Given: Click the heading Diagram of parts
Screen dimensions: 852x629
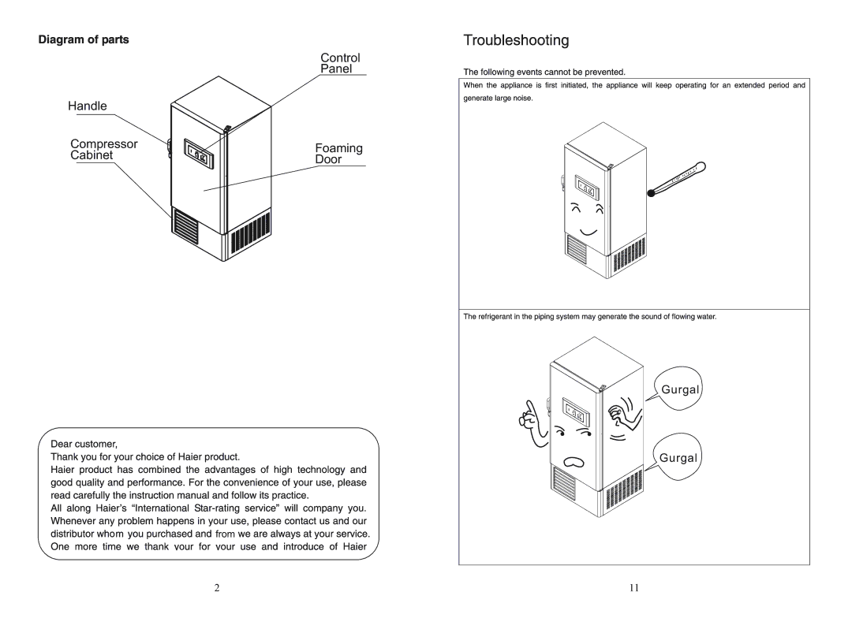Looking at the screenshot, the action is pos(84,39).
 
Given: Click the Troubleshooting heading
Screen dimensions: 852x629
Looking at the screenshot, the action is pos(516,40).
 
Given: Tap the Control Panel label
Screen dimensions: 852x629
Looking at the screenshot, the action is pos(340,63).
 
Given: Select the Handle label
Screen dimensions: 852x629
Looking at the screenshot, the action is pos(88,106).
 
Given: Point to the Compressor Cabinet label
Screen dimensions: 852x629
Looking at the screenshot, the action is pos(104,149).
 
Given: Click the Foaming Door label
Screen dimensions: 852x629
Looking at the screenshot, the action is pos(338,154).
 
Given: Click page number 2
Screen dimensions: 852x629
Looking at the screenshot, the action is pos(217,588).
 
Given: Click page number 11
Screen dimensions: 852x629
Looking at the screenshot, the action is pos(634,588).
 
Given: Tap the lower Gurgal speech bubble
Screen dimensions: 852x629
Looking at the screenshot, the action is pos(677,457).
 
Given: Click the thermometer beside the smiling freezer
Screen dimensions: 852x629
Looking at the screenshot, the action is pos(677,179).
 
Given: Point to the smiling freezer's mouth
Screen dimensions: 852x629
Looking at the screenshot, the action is pos(589,233).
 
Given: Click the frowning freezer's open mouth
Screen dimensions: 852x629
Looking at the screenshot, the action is pos(574,462).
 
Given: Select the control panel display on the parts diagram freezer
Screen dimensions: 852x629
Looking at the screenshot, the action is pos(198,153).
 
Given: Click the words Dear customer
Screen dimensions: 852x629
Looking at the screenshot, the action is pos(84,444).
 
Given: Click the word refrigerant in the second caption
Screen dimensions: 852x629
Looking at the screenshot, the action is pos(499,316).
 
